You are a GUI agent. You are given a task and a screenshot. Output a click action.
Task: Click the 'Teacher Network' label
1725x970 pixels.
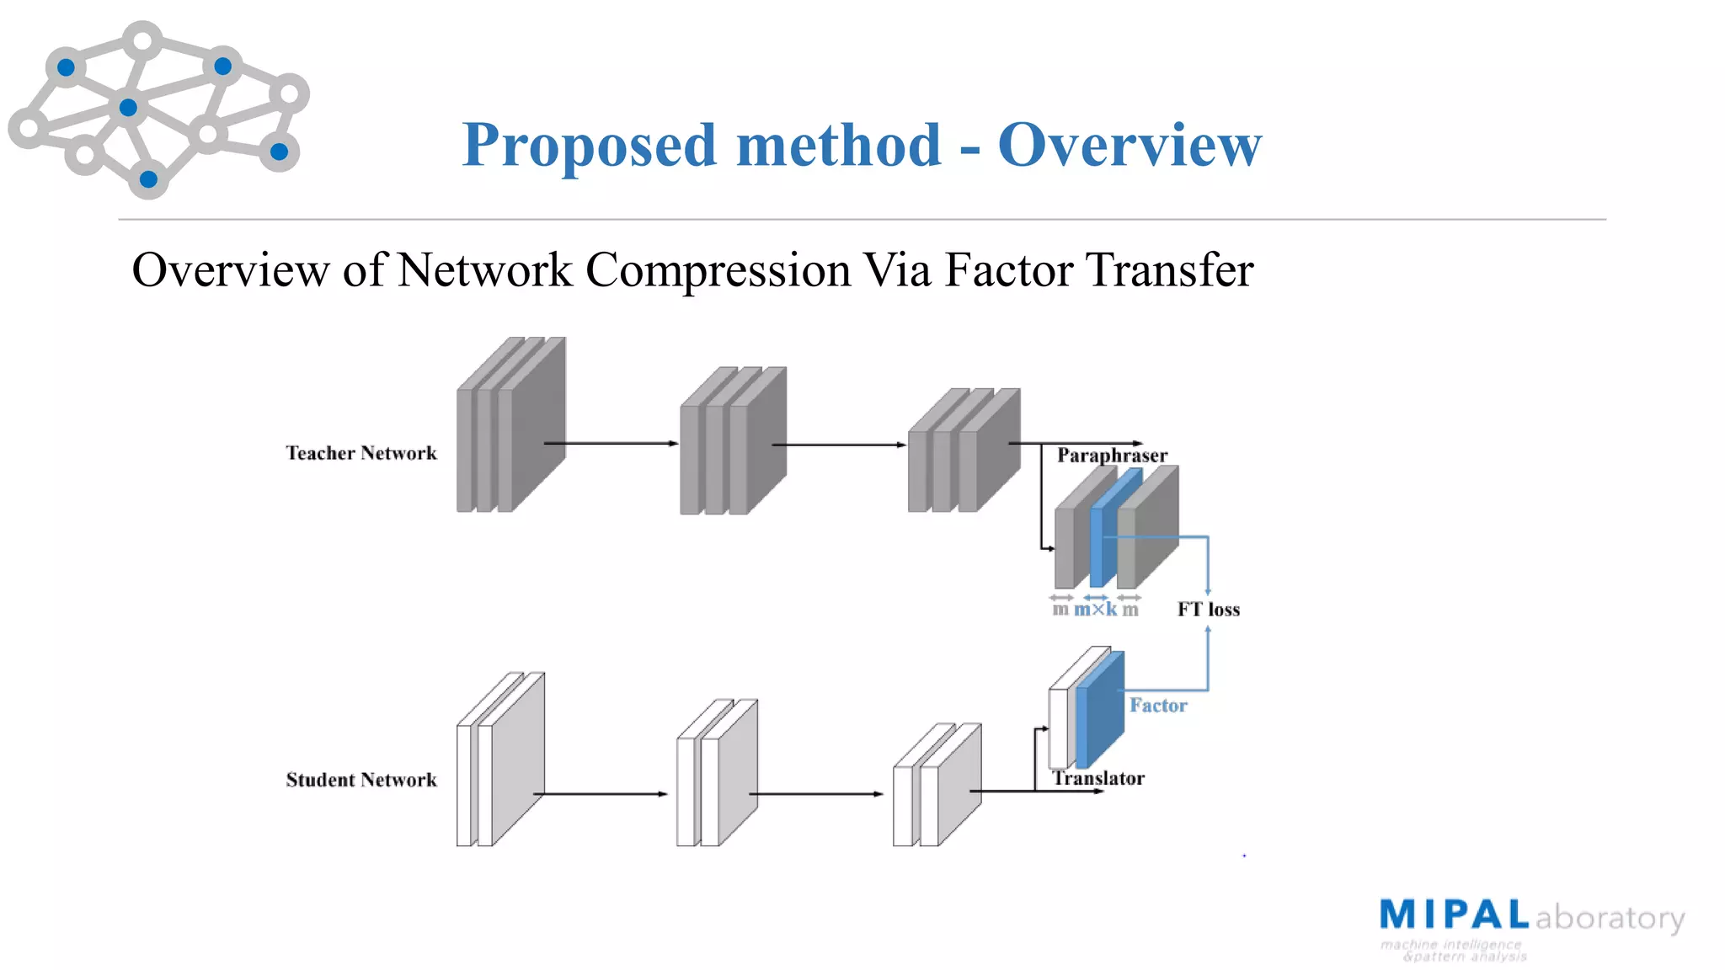[361, 453]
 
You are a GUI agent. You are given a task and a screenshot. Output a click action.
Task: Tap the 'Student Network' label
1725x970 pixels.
[361, 780]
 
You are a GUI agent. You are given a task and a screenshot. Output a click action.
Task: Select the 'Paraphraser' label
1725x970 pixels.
[1112, 456]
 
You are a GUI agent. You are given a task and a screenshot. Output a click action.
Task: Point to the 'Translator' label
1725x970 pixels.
[1098, 778]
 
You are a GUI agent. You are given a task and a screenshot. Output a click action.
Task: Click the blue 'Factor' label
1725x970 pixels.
[1158, 706]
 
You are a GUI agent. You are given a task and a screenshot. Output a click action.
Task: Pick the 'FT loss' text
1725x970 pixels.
[1209, 610]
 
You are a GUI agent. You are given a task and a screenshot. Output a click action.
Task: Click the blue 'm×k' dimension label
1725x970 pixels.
[1095, 610]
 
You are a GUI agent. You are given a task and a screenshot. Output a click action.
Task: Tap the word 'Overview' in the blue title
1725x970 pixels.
[1130, 145]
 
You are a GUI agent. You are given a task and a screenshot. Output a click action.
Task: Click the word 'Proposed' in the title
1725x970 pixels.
[590, 145]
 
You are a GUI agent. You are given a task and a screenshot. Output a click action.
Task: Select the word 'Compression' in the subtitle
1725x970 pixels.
[718, 270]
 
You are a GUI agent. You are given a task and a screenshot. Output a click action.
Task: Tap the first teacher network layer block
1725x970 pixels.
[510, 425]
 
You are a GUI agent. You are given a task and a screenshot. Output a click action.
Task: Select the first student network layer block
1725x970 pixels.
[499, 759]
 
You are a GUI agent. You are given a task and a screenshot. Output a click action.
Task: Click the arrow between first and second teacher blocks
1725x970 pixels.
[611, 443]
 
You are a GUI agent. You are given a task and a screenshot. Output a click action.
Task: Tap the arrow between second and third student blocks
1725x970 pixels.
[815, 793]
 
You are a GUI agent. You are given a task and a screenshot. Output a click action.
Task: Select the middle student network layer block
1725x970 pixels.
[717, 773]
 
